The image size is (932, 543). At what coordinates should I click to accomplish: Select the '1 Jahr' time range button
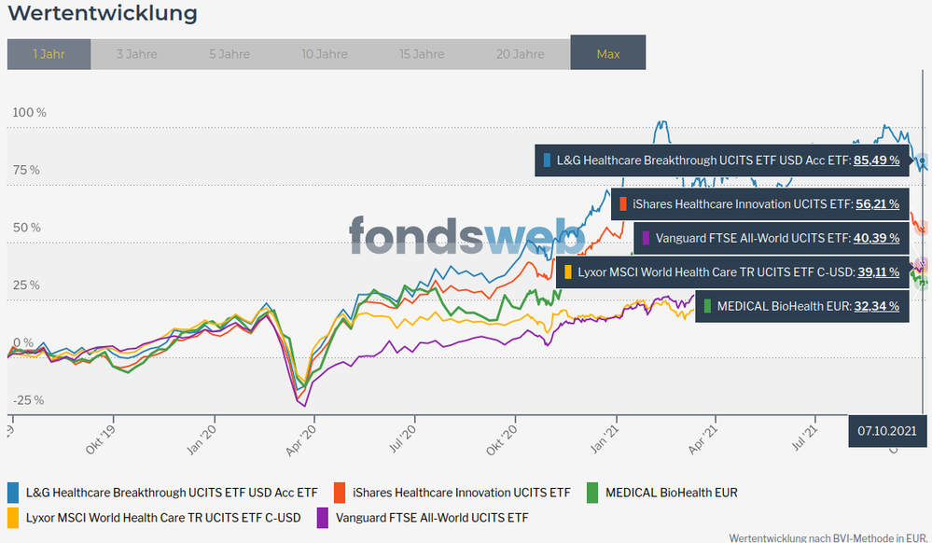coord(49,54)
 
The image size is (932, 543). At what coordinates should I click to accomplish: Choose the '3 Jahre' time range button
coord(136,54)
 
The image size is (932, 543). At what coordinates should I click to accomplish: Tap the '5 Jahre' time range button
coord(229,54)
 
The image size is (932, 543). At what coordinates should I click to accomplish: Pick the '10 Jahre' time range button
coord(326,54)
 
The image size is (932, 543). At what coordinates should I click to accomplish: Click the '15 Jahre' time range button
coord(423,54)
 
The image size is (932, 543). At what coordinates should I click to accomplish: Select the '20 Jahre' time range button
coord(521,54)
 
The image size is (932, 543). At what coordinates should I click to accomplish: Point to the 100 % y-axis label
coord(28,113)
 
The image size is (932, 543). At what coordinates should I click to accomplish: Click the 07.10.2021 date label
coord(887,431)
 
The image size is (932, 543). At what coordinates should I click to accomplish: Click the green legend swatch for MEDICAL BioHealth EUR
coord(592,492)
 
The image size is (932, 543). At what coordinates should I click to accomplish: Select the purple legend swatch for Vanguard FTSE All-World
coord(323,517)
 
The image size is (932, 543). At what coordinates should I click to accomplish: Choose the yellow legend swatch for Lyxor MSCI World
coord(13,517)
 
